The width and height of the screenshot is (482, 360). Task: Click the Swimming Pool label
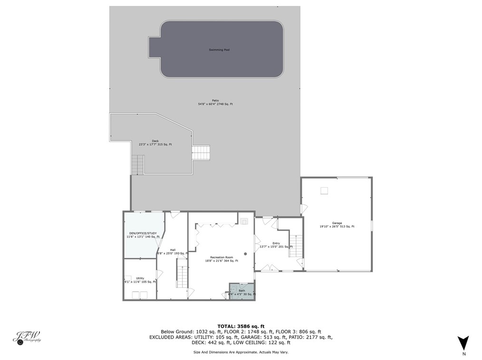click(220, 50)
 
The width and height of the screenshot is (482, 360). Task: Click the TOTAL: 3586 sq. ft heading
click(241, 326)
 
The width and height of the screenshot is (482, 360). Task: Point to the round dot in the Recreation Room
click(245, 254)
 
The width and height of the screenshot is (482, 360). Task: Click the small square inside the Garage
click(324, 191)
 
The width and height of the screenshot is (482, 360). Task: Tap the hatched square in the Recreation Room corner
click(244, 221)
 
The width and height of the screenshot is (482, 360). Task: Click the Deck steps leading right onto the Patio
click(201, 152)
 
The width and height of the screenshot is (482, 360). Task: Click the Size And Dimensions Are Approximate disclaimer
click(241, 352)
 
